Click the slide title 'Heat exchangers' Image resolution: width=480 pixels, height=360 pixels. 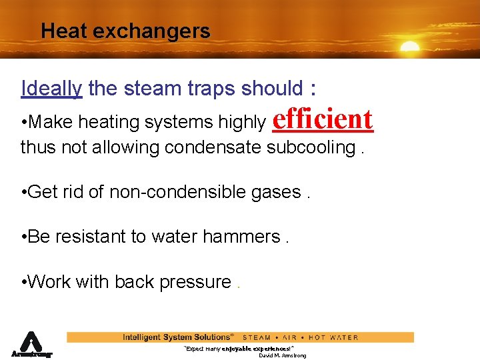click(x=125, y=31)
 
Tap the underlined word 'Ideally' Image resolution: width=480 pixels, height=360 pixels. click(x=51, y=88)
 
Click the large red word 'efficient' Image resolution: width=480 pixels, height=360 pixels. click(x=323, y=119)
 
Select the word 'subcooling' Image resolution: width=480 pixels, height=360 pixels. click(x=311, y=147)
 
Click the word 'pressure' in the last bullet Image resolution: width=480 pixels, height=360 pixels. click(x=197, y=282)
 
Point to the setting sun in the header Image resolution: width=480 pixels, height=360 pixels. click(x=409, y=47)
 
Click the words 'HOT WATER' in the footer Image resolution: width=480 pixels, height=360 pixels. click(x=333, y=337)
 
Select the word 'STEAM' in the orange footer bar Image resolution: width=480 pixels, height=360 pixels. click(x=257, y=337)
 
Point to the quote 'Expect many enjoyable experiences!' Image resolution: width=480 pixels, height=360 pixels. click(x=239, y=349)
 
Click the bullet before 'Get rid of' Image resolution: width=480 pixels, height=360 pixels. click(x=24, y=193)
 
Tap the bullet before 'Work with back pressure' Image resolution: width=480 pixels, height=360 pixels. click(x=24, y=283)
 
